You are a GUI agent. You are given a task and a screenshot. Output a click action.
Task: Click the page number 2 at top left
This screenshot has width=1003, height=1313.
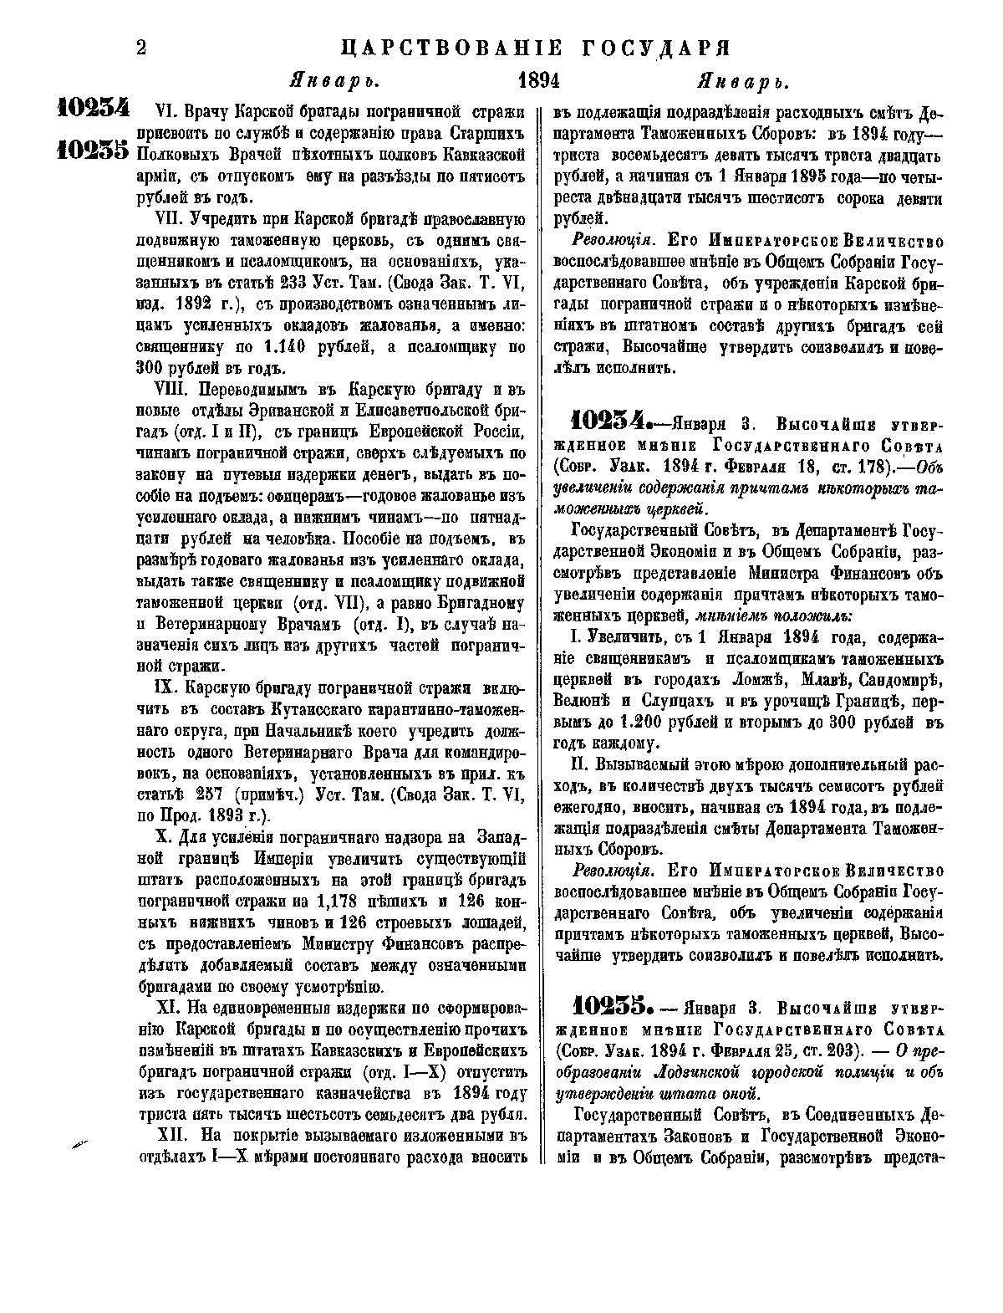[141, 49]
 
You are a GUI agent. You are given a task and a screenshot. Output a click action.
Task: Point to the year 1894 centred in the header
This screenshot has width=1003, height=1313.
[539, 82]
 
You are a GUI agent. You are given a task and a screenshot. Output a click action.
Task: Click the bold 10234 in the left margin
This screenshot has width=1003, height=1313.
[93, 110]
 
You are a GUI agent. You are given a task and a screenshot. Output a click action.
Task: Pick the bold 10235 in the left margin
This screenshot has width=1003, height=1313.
[93, 150]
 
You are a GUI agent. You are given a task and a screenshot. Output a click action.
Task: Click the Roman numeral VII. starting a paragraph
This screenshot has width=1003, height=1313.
[170, 221]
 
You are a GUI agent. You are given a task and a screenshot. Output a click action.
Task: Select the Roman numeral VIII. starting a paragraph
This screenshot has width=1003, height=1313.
[173, 389]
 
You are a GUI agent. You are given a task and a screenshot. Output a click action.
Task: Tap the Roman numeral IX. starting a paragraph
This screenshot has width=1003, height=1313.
[168, 688]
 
